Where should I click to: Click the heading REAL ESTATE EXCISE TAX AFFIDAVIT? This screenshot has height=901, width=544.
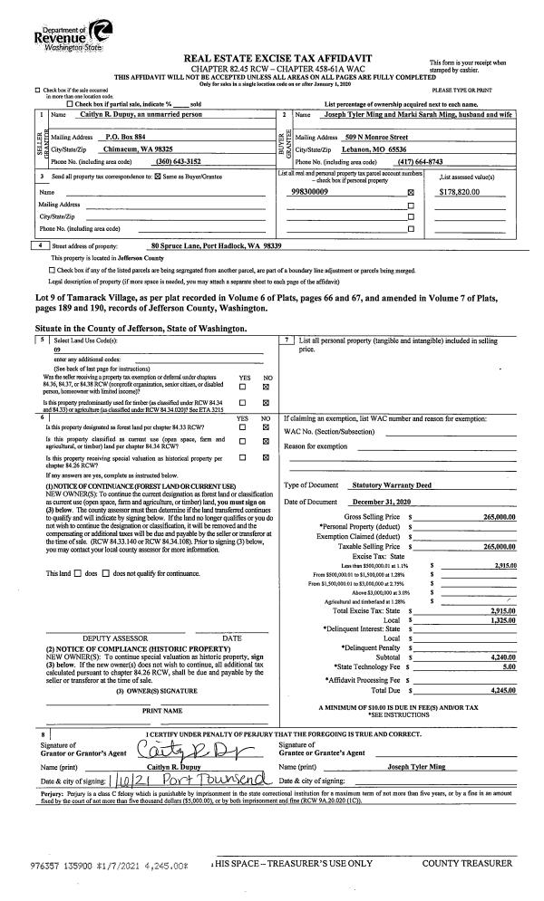[x=271, y=56]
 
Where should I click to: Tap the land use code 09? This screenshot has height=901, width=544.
[x=57, y=348]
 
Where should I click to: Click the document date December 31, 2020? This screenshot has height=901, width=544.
[x=384, y=502]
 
